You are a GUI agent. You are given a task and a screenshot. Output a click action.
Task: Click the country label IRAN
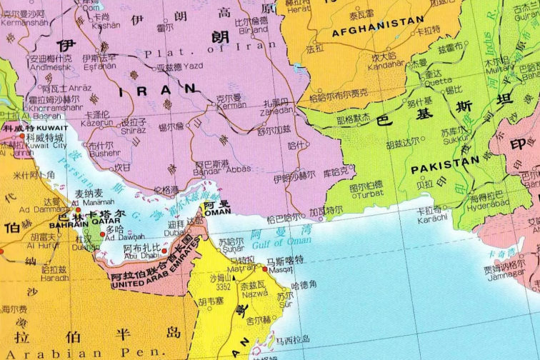click(159, 90)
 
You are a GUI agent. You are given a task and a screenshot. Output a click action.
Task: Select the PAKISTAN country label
click(444, 162)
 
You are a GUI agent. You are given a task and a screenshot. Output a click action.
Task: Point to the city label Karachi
click(431, 216)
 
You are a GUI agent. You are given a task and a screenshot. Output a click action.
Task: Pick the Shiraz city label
click(134, 130)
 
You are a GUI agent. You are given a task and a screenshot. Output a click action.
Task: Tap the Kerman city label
click(229, 105)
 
